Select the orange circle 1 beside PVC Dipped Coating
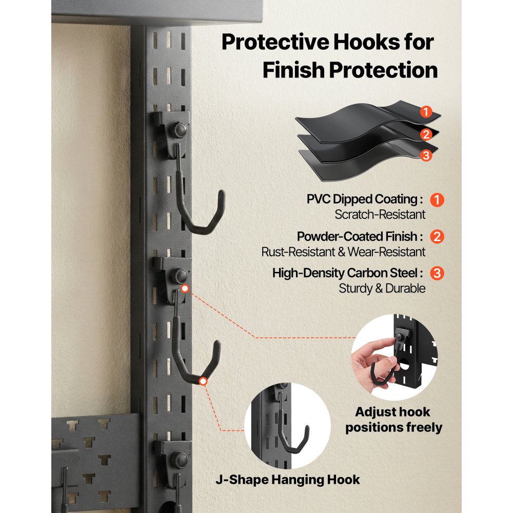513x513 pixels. pyautogui.click(x=436, y=200)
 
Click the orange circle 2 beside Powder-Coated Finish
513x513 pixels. pyautogui.click(x=436, y=237)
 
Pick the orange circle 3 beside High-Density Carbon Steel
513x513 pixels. pyautogui.click(x=436, y=273)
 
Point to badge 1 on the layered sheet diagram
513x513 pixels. pyautogui.click(x=426, y=111)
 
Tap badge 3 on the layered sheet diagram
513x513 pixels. pyautogui.click(x=426, y=156)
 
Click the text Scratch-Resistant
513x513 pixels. pyautogui.click(x=380, y=214)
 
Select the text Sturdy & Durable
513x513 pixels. pyautogui.click(x=382, y=288)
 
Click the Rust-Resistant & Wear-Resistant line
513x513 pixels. pyautogui.click(x=343, y=252)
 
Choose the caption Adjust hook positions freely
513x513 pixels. pyautogui.click(x=393, y=420)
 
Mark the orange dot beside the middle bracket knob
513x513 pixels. pyautogui.click(x=185, y=289)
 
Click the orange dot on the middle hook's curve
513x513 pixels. pyautogui.click(x=203, y=381)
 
